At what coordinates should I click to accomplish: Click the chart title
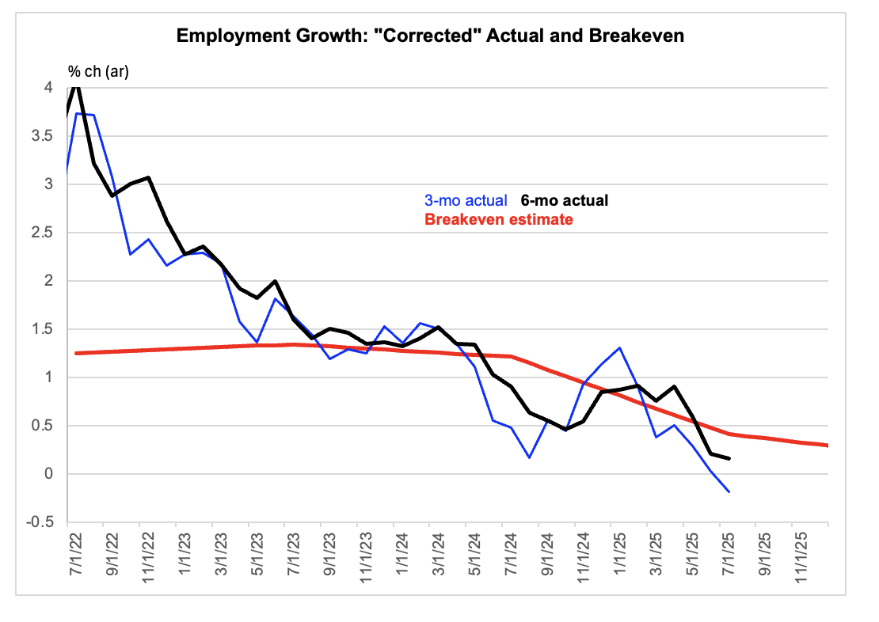tap(430, 36)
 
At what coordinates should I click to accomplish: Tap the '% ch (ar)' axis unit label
tap(99, 72)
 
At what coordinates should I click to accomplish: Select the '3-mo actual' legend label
tap(466, 201)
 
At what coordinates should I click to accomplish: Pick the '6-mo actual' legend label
tap(565, 201)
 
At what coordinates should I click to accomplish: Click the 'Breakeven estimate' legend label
tap(499, 219)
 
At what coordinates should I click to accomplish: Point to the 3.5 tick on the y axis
tap(42, 136)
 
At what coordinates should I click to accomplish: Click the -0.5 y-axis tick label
tap(40, 522)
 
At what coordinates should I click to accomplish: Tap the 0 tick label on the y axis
tap(49, 474)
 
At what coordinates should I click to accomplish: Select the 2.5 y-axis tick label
tap(42, 233)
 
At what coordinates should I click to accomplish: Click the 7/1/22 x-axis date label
tap(76, 554)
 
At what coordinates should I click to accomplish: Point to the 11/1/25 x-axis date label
tap(801, 558)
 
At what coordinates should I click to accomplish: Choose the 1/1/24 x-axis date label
tap(402, 554)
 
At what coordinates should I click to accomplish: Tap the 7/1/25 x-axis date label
tap(729, 554)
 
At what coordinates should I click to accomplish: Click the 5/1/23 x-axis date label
tap(257, 554)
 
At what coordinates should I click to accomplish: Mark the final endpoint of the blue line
tap(729, 492)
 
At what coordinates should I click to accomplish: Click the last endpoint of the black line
tap(729, 459)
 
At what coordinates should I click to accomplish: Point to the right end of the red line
tap(828, 446)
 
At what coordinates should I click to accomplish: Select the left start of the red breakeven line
tap(76, 354)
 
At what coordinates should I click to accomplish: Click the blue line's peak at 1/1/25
tap(619, 348)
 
